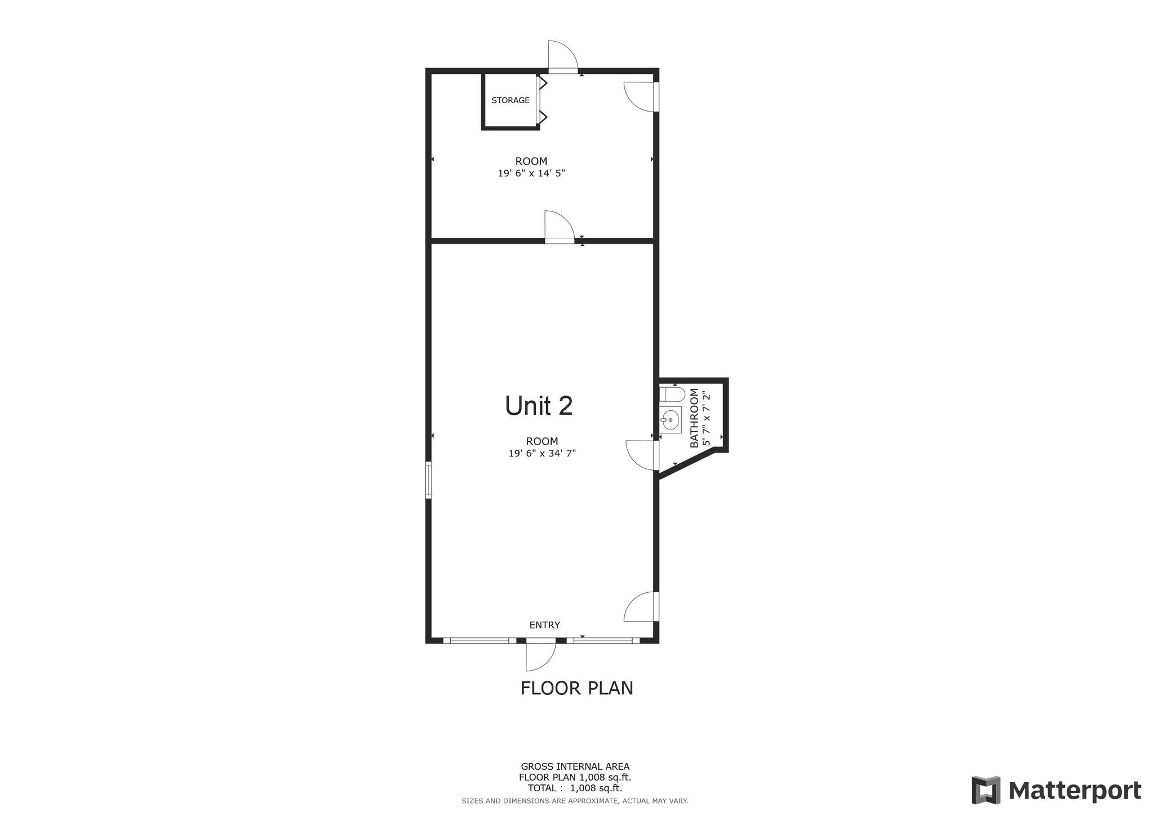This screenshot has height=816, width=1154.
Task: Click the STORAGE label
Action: coord(510,100)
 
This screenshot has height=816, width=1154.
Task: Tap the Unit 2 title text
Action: coord(539,406)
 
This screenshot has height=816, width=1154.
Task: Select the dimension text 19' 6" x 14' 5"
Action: coord(531,174)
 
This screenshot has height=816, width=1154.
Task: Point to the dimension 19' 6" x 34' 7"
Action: coord(542,453)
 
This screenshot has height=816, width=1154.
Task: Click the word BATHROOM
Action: coord(694,418)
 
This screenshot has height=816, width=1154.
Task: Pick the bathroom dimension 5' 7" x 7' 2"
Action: coord(706,418)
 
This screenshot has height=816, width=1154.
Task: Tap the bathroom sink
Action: coord(670,420)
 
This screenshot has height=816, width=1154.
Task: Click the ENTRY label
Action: coord(544,625)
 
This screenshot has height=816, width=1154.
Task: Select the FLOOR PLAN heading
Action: coord(576,688)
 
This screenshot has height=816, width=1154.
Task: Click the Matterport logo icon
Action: coord(986,790)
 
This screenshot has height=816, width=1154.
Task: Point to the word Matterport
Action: coord(1075,791)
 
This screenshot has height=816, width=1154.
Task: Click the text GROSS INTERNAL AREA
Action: coord(575,766)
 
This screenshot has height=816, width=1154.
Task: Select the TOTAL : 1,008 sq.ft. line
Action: coord(575,788)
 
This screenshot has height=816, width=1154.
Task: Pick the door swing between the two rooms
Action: coord(559,227)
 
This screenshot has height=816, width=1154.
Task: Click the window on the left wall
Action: coord(428,480)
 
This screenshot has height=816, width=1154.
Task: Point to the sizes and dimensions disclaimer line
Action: coord(575,801)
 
